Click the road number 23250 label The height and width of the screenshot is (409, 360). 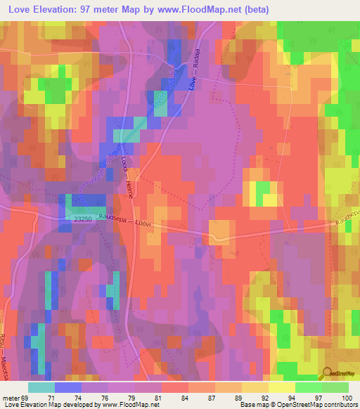(x=83, y=219)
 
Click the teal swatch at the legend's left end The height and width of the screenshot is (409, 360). (x=41, y=387)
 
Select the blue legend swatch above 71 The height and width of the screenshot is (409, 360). (x=68, y=387)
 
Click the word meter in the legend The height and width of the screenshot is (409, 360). (x=11, y=397)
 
